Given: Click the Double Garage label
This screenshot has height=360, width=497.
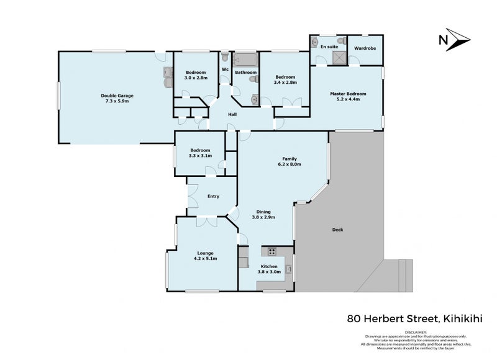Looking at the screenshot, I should (117, 96).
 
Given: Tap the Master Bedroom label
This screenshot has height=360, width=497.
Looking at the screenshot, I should (347, 94).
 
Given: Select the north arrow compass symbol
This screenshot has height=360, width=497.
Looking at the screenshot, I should (455, 40).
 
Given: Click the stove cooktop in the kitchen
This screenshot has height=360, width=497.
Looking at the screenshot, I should (271, 251).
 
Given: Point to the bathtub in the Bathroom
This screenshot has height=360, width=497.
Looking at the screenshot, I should (245, 61).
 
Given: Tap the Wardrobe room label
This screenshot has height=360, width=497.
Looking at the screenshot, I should (365, 48).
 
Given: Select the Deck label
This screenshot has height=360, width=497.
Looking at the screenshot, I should (337, 230).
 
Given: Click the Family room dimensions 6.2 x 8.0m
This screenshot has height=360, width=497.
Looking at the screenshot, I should (289, 164).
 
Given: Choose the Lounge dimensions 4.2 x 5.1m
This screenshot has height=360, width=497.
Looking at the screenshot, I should (205, 259).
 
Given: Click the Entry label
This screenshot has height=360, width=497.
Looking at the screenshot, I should (213, 196).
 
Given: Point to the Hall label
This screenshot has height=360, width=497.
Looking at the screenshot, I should (232, 115).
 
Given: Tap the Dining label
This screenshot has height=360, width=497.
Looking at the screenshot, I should (263, 211).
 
